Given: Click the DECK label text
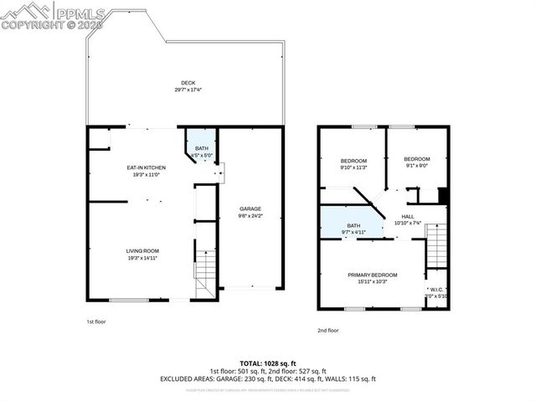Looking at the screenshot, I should [188, 82].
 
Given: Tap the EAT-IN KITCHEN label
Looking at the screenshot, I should [142, 167].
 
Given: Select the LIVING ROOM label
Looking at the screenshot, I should [142, 251].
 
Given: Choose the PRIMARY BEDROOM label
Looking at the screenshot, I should [374, 275].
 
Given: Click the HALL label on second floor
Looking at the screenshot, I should [408, 216].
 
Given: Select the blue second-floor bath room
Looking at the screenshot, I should [351, 227].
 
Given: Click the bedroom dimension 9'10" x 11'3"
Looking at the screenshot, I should [353, 167].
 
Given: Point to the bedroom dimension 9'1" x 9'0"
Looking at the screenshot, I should [416, 166].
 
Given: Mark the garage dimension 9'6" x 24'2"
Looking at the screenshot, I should [250, 216].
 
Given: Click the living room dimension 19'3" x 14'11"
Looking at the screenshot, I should [142, 259].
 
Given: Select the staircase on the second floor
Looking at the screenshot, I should [436, 247].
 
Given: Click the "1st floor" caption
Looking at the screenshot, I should [95, 321].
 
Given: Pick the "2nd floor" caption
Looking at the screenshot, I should [327, 330].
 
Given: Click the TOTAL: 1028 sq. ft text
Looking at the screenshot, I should [268, 363].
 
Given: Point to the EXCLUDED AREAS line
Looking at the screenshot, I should [268, 378].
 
